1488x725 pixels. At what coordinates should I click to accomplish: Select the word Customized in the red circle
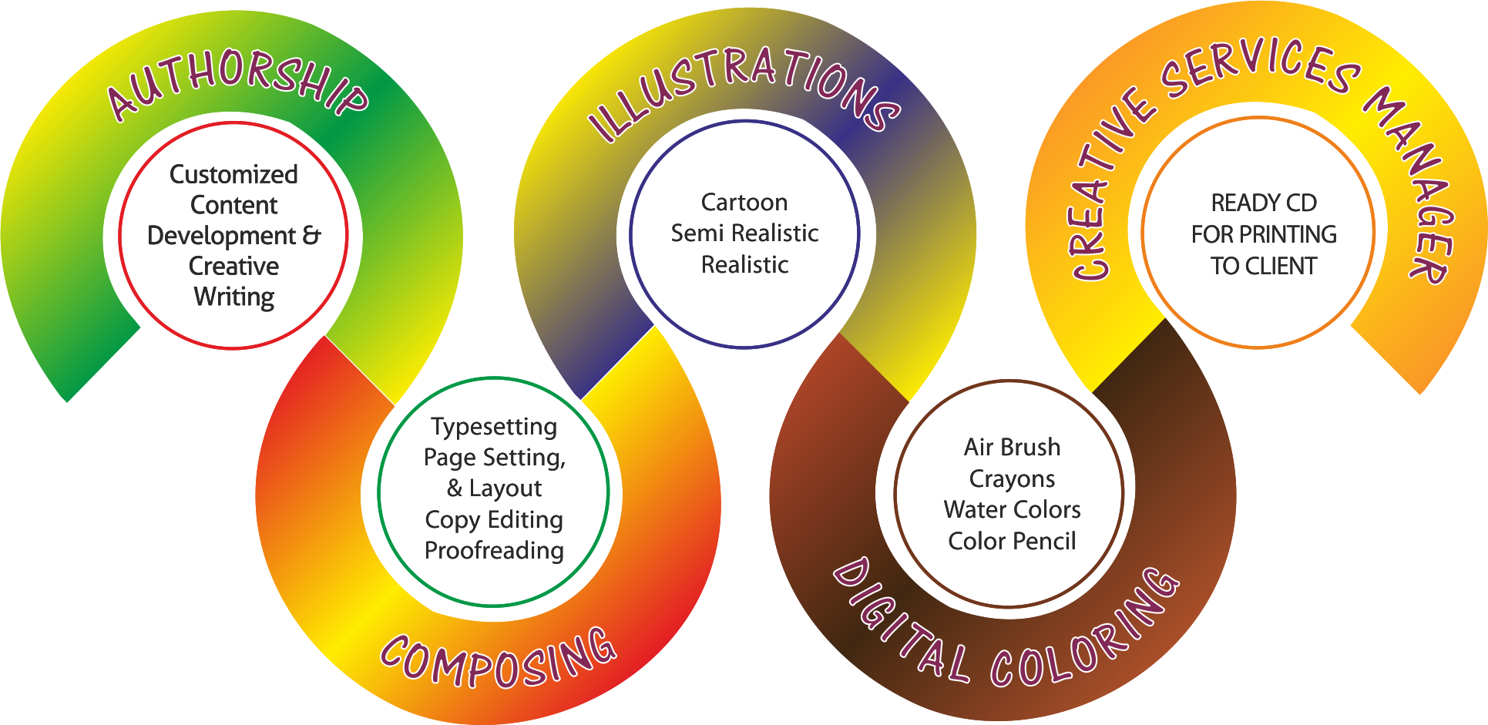point(233,174)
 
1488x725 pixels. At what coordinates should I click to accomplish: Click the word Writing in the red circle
point(234,297)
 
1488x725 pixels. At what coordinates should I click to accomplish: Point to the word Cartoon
point(744,202)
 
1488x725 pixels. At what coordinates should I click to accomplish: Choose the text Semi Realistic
point(744,233)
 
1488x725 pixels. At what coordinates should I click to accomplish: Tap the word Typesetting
point(494,427)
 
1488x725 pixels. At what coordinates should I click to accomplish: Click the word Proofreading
point(494,550)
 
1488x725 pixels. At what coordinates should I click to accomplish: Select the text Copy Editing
point(494,520)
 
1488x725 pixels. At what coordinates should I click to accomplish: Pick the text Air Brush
point(1012,447)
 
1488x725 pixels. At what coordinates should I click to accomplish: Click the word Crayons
point(1012,478)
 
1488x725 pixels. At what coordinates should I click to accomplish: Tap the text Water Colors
point(1012,509)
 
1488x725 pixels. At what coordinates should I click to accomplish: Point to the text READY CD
point(1264,203)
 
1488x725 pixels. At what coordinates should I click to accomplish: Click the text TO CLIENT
point(1264,266)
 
